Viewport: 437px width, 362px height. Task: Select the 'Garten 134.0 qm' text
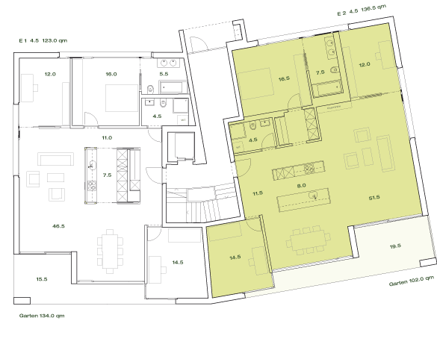(x=43, y=316)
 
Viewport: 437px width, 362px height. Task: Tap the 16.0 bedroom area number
(x=111, y=75)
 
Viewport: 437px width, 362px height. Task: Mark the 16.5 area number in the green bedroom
(x=283, y=78)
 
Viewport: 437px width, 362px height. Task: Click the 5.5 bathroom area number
(x=164, y=75)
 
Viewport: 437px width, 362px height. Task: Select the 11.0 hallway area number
(x=107, y=138)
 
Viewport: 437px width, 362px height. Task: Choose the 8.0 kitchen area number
(x=302, y=185)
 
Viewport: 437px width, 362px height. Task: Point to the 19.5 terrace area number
(x=395, y=246)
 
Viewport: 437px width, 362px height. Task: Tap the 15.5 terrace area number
(x=41, y=278)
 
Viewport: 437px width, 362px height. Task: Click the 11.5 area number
(x=258, y=193)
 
